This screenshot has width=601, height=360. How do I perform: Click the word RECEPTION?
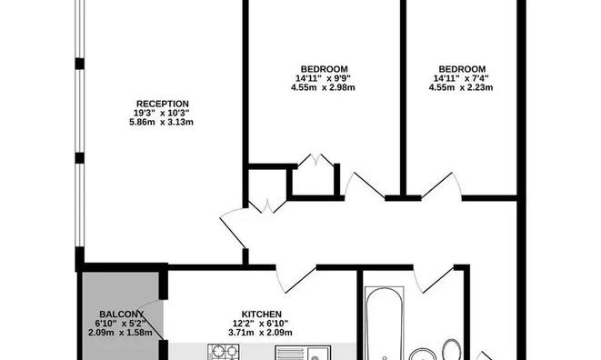point(163,103)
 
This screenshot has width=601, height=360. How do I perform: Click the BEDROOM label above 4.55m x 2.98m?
point(325,68)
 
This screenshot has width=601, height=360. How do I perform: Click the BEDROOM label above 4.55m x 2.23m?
point(462,68)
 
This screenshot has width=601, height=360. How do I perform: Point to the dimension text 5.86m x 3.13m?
point(163,122)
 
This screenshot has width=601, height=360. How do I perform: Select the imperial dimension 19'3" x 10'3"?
point(163,113)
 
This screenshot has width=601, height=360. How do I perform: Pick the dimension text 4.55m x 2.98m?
point(325,88)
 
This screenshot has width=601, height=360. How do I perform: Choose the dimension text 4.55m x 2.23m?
point(462,88)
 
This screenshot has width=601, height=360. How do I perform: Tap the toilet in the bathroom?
point(451,349)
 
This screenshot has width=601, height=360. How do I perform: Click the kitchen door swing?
point(295,275)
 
